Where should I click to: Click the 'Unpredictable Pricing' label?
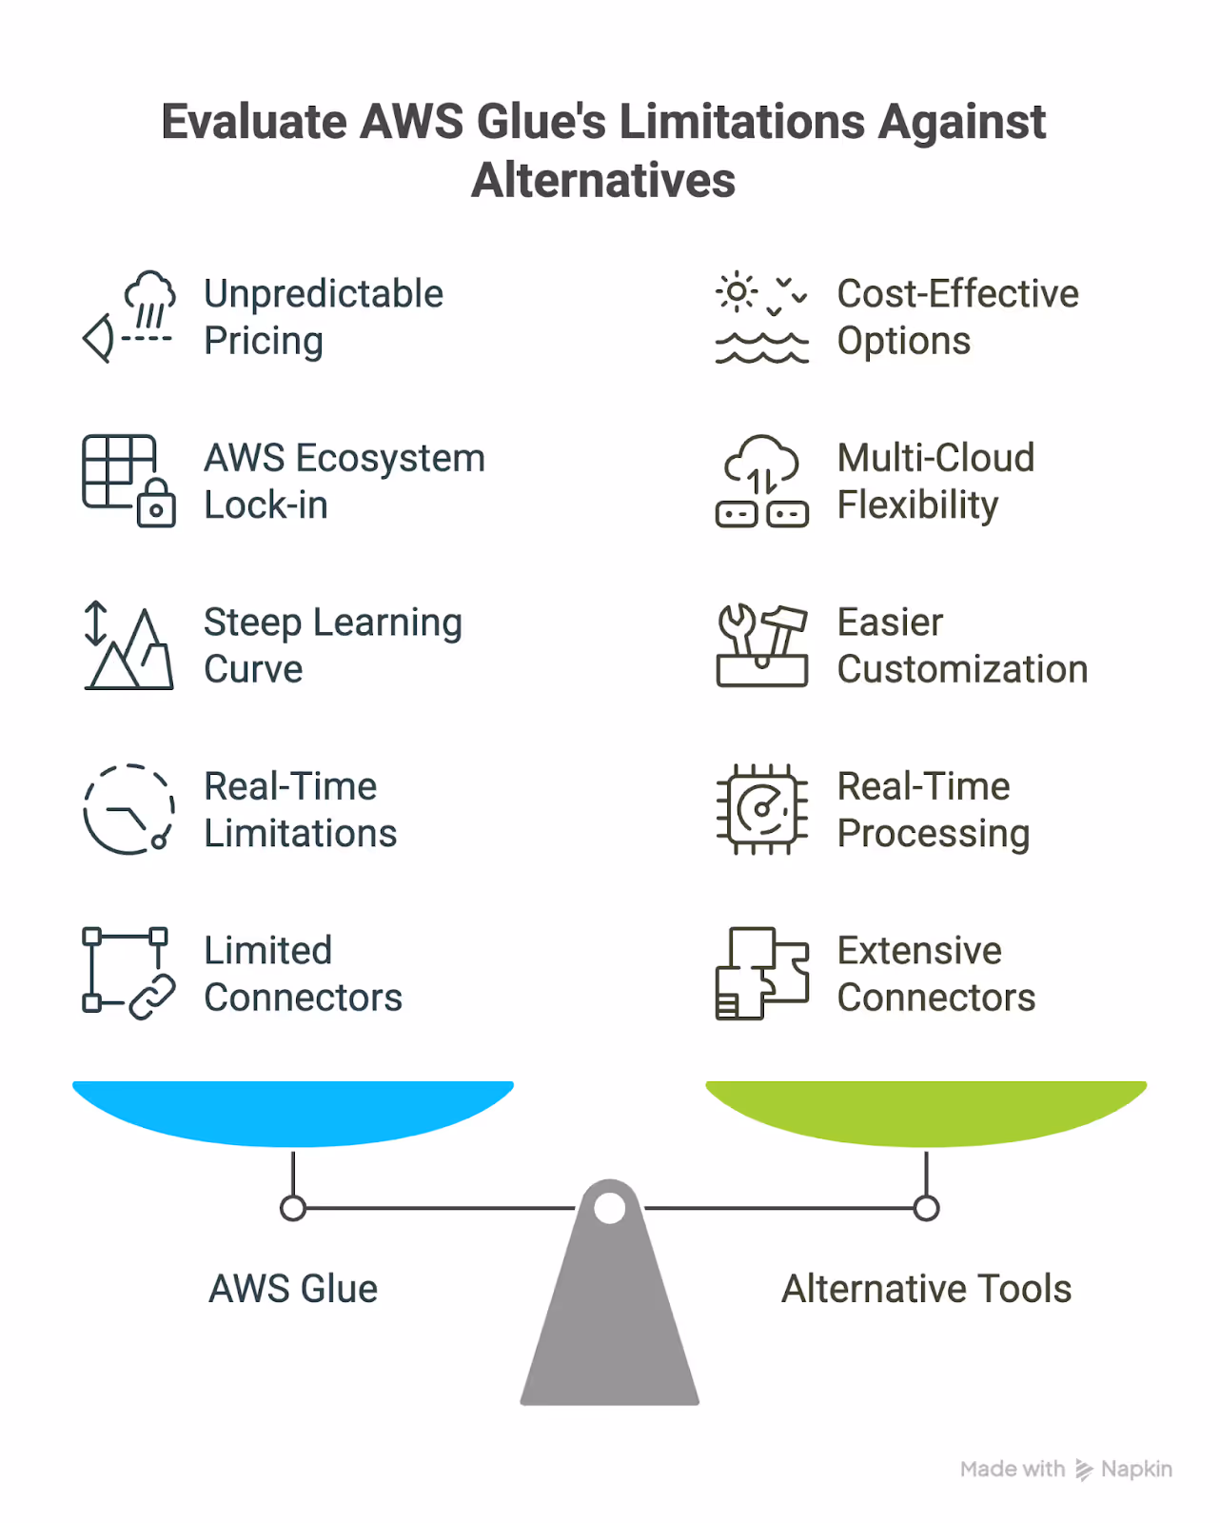point(324,317)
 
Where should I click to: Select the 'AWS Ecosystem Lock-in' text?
point(344,482)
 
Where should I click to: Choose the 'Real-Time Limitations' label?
point(300,810)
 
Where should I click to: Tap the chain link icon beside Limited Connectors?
point(151,997)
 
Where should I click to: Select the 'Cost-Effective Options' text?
point(957,317)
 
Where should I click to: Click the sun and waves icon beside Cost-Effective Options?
point(761,319)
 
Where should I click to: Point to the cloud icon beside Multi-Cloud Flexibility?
point(761,463)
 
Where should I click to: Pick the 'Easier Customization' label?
point(961,645)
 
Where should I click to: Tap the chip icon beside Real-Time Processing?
point(761,809)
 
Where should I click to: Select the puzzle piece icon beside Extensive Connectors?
point(761,973)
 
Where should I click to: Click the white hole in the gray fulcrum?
point(609,1208)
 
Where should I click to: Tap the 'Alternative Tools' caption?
point(926,1289)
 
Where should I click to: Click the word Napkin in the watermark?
point(1136,1469)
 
